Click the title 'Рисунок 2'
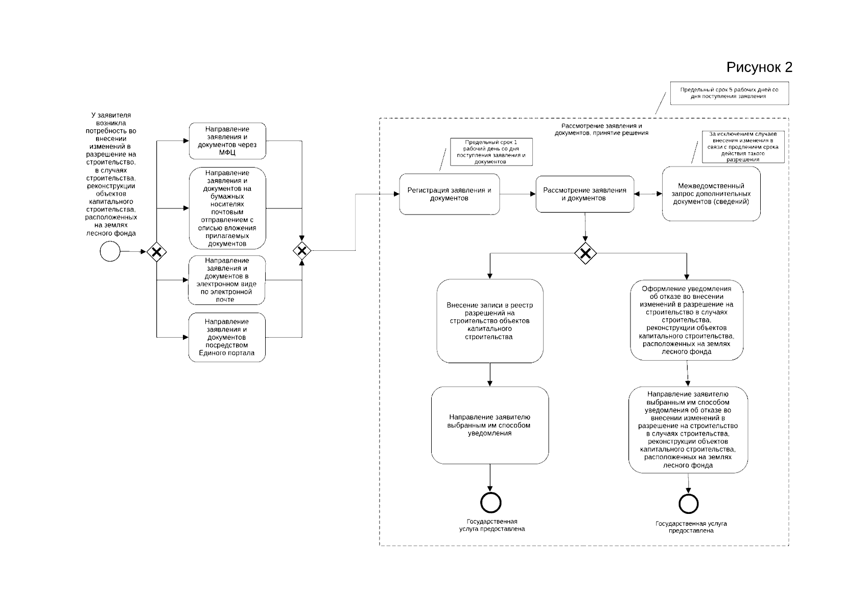pos(759,67)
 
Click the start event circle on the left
pos(110,251)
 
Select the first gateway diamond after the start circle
pos(156,251)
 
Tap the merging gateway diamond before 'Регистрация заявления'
pos(302,251)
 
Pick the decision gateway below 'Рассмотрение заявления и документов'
pos(585,253)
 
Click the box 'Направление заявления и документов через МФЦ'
pos(227,140)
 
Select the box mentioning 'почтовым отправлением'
pos(227,208)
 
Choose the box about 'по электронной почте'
pos(227,280)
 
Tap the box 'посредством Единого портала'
pos(227,337)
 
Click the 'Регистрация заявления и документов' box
pos(449,194)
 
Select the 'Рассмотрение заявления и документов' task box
pos(584,194)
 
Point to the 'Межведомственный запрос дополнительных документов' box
pos(711,194)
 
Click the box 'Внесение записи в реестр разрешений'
pos(489,321)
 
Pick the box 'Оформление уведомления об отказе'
pos(686,320)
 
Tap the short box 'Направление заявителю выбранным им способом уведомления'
pos(489,425)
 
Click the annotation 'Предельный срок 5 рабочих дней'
pos(729,93)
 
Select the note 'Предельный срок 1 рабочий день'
pos(491,152)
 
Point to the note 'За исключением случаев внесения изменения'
pos(743,147)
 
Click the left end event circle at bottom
pos(490,503)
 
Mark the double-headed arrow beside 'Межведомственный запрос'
pos(648,194)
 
